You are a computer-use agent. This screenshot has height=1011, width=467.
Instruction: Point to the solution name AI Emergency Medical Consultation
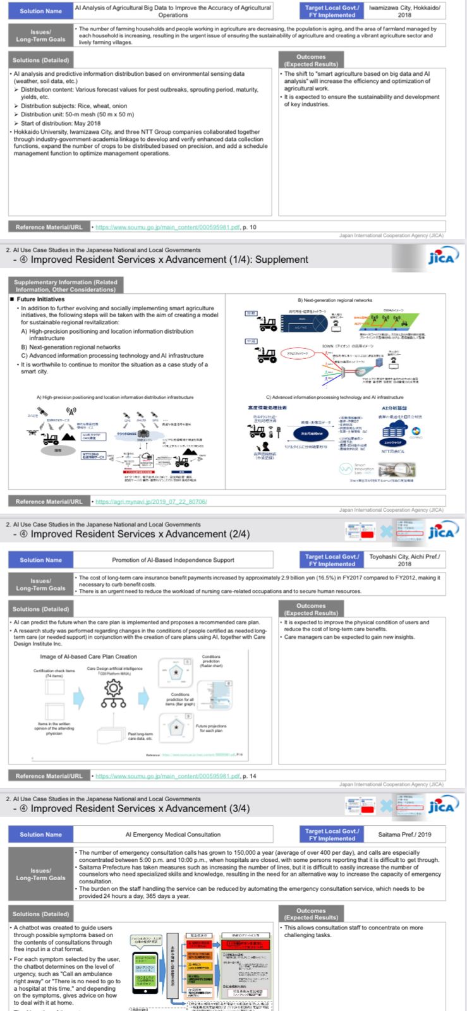click(173, 834)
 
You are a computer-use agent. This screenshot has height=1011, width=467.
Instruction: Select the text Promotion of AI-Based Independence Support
click(173, 560)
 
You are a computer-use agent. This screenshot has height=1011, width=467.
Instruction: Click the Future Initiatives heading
click(40, 299)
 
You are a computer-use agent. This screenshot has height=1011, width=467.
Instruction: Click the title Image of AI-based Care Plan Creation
click(88, 657)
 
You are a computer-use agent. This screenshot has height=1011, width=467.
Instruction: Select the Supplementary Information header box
click(65, 286)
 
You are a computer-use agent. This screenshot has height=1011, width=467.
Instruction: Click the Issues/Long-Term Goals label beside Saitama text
click(40, 874)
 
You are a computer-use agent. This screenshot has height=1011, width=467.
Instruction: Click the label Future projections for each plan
click(210, 729)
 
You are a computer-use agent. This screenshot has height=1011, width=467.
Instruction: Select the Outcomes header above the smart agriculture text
click(311, 61)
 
